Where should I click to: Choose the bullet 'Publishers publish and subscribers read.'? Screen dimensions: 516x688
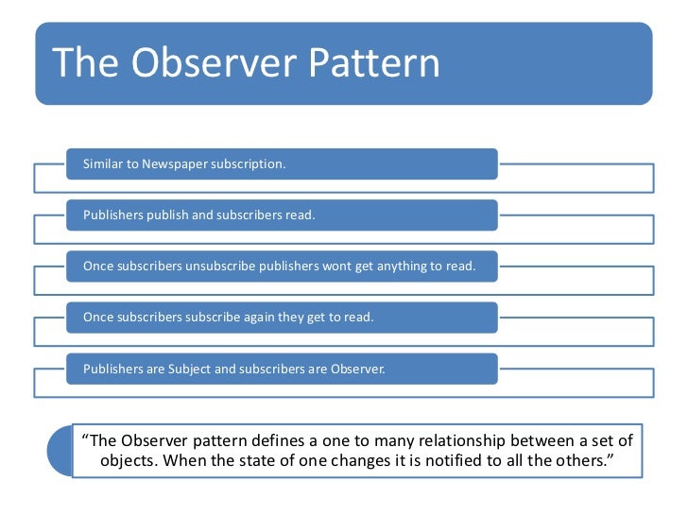[x=199, y=215]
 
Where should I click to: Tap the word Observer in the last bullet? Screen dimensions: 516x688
[x=355, y=369]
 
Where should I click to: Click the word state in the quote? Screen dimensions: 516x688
[x=285, y=463]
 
